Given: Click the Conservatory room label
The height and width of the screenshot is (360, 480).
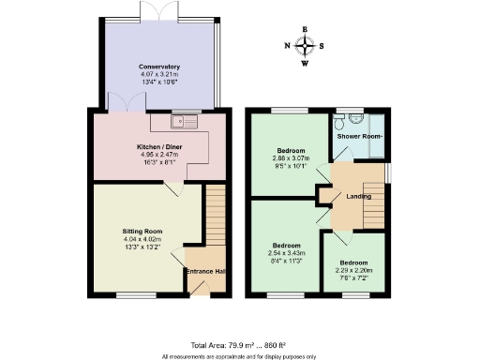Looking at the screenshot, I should [x=158, y=67].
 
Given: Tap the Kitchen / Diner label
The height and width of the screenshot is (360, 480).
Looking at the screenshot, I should [x=158, y=148].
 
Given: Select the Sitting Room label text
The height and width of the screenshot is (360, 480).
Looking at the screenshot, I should [x=142, y=230].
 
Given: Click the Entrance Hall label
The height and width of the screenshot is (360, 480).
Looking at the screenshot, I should [x=205, y=271].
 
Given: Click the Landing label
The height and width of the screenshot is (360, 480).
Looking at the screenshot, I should [x=358, y=197].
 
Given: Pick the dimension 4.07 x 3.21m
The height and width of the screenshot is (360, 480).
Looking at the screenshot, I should [x=158, y=74].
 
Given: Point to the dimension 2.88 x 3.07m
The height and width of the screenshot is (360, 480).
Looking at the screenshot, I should [x=290, y=158].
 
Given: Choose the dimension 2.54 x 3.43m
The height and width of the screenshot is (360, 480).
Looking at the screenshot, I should [x=282, y=253].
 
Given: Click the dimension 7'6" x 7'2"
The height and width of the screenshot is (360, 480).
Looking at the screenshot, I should [x=353, y=277].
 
